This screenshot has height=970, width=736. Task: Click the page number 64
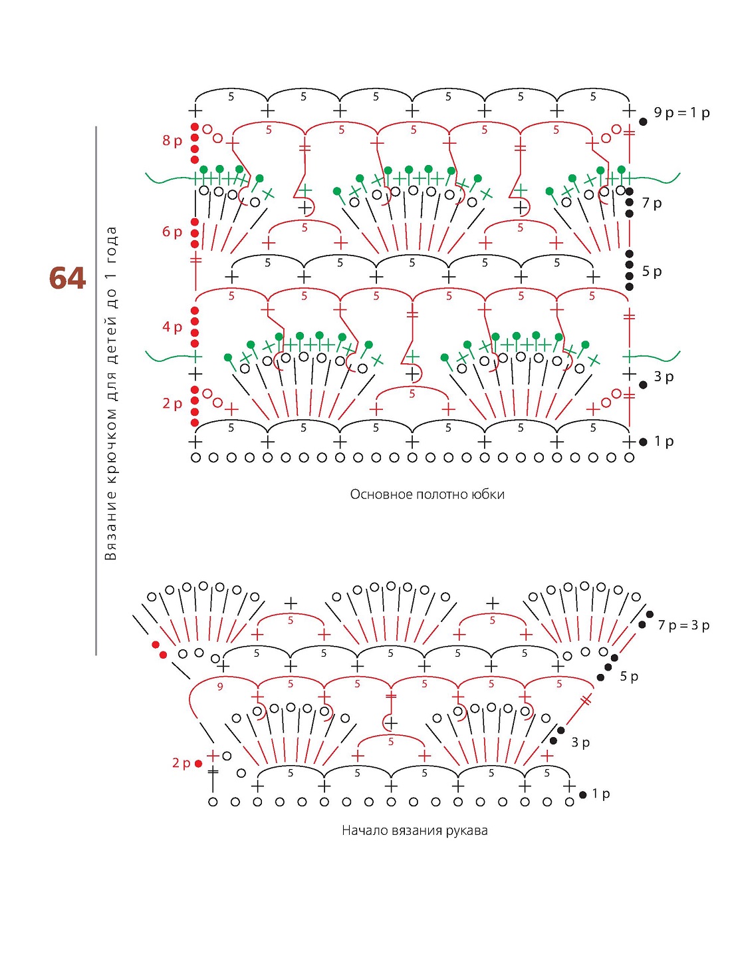click(67, 278)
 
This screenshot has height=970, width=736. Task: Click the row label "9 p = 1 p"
click(681, 113)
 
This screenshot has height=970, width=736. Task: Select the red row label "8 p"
click(172, 141)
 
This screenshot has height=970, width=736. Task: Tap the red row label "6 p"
click(172, 232)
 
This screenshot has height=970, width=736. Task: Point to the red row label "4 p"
click(172, 327)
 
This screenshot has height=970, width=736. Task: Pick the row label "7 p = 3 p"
click(683, 625)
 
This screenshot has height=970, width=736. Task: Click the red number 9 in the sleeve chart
click(220, 687)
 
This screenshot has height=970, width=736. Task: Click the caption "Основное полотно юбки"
click(427, 494)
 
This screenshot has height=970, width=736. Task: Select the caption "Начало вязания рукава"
click(415, 831)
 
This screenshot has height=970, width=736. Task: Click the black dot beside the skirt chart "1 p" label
click(643, 442)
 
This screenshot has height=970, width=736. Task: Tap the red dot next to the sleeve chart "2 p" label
click(198, 764)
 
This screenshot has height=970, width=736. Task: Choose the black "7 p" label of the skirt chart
click(652, 204)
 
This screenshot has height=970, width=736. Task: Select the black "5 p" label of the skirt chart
click(652, 271)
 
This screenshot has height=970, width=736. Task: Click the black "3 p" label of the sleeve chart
click(580, 742)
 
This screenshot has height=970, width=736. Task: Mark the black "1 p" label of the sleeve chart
click(601, 794)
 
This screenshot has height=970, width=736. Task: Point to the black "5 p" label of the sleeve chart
click(629, 677)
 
